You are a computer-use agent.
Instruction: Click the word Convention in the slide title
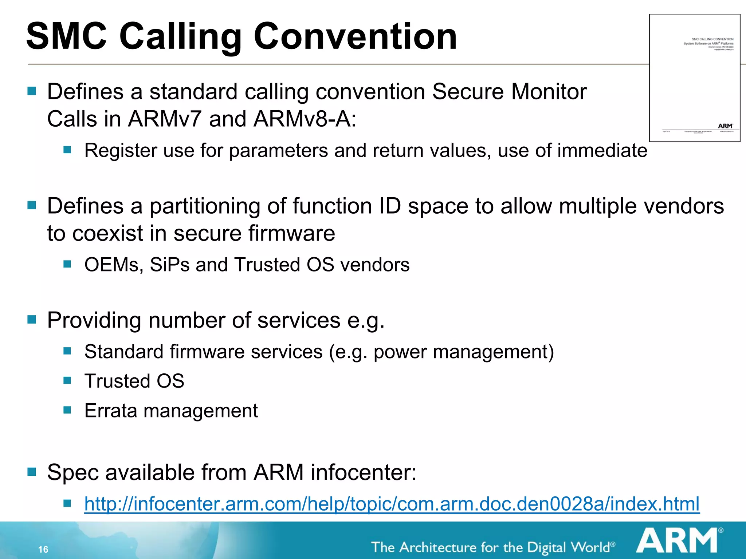click(355, 36)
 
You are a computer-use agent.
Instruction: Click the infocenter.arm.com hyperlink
click(392, 504)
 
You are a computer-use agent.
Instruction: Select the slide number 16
click(43, 550)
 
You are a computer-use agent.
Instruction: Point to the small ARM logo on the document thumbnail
click(725, 126)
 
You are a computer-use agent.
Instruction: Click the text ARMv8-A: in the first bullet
click(305, 119)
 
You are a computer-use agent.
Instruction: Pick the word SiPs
click(170, 265)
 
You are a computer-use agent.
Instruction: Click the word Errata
click(111, 411)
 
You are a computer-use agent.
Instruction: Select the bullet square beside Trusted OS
click(67, 381)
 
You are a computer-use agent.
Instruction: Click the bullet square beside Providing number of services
click(32, 320)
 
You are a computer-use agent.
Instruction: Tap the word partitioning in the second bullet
click(205, 206)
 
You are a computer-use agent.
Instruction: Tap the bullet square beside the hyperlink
click(67, 503)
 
